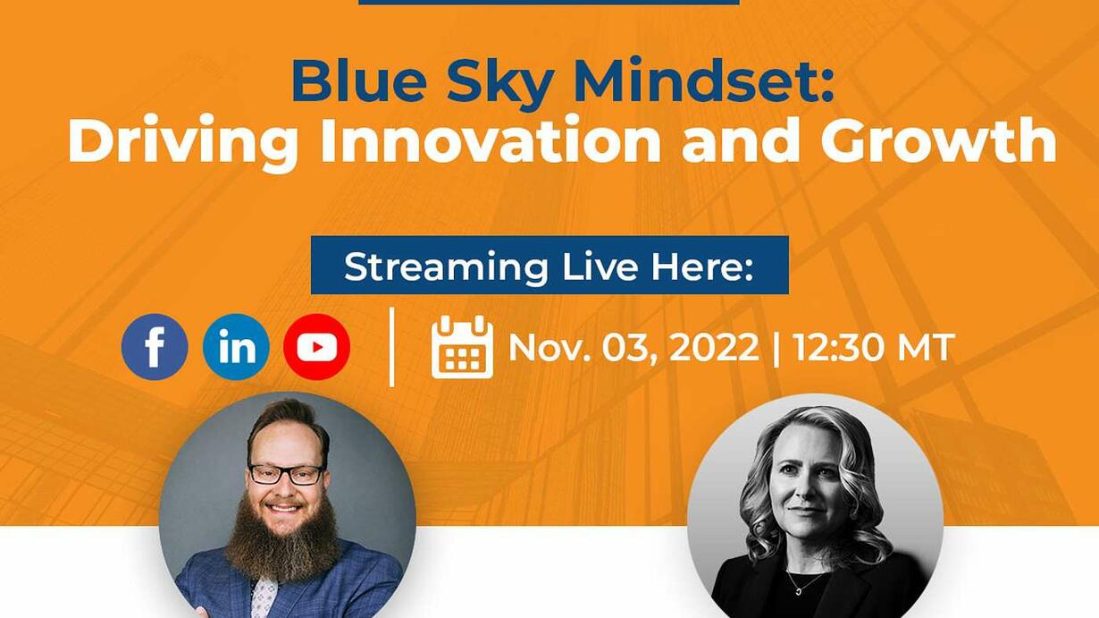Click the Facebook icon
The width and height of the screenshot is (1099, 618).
click(155, 347)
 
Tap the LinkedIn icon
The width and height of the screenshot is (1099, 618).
click(236, 347)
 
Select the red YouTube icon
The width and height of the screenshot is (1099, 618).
click(317, 347)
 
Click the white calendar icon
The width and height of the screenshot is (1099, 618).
click(462, 347)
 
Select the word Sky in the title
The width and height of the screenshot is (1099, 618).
click(499, 82)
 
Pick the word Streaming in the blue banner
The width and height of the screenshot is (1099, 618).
click(446, 268)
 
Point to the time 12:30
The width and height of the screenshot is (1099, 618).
click(837, 347)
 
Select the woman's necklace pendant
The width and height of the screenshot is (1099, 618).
click(799, 591)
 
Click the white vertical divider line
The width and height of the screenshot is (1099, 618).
click(391, 347)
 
